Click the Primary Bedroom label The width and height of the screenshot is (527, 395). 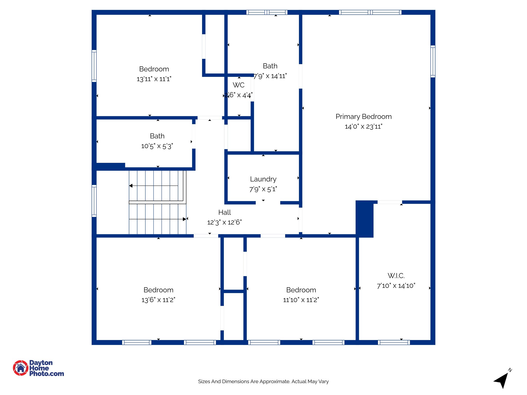tap(363, 116)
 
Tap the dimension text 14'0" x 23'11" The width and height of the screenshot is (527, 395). tap(363, 127)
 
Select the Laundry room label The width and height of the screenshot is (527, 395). tap(263, 179)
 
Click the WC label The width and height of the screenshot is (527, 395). tap(239, 85)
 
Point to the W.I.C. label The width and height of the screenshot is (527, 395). tap(396, 276)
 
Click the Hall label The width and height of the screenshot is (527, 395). tap(224, 212)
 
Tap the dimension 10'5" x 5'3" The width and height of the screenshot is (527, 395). tap(157, 146)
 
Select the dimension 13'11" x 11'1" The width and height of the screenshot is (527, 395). tap(154, 79)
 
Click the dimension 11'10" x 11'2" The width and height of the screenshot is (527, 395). tap(301, 300)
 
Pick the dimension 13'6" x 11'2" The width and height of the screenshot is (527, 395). tap(158, 300)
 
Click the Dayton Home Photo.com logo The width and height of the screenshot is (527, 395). tap(39, 368)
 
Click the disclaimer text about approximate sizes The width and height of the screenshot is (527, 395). tap(263, 381)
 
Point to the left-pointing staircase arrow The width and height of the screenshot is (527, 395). tap(131, 186)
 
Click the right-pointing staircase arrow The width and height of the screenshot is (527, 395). tap(184, 219)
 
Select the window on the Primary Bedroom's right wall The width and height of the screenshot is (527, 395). tap(433, 61)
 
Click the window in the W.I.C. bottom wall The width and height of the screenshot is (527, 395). tap(394, 342)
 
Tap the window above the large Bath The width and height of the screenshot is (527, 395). tap(267, 12)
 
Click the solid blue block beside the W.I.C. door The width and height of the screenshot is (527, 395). tap(364, 219)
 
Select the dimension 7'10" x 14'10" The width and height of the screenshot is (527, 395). tap(396, 286)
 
